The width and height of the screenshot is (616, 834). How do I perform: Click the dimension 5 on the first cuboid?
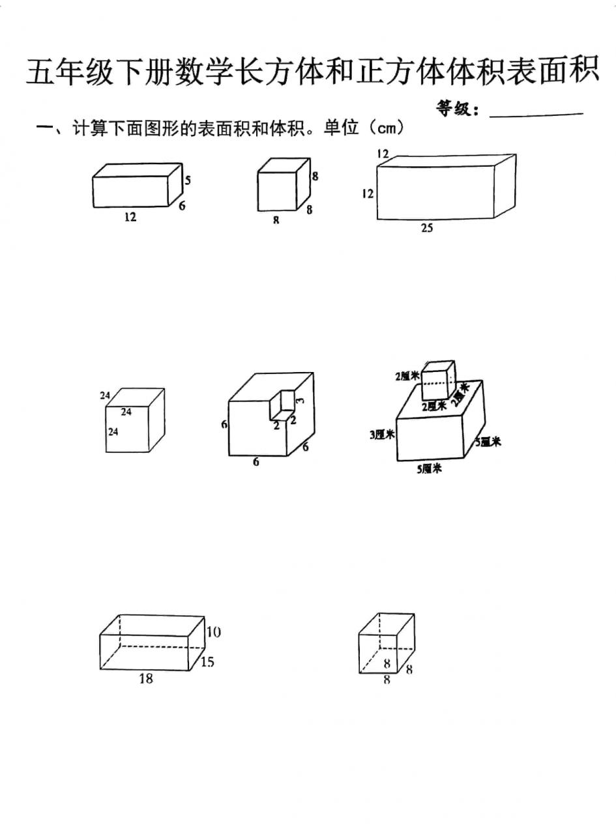pyautogui.click(x=187, y=180)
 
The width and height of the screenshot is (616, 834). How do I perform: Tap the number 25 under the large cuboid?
pyautogui.click(x=426, y=228)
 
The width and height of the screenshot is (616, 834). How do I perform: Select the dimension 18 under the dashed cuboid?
pyautogui.click(x=146, y=679)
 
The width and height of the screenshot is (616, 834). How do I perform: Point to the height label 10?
pyautogui.click(x=213, y=632)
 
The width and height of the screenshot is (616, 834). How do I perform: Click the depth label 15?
pyautogui.click(x=207, y=662)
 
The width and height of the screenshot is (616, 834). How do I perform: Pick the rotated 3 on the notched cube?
pyautogui.click(x=299, y=401)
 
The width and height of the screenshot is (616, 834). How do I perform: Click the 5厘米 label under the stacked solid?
pyautogui.click(x=430, y=468)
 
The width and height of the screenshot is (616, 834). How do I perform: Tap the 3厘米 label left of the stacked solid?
pyautogui.click(x=381, y=435)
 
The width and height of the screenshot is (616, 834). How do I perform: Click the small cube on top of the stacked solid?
pyautogui.click(x=437, y=381)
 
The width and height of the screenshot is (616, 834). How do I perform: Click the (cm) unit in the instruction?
pyautogui.click(x=387, y=128)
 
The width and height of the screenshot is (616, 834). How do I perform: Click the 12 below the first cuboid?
pyautogui.click(x=130, y=217)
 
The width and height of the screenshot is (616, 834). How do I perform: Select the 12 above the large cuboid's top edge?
pyautogui.click(x=383, y=154)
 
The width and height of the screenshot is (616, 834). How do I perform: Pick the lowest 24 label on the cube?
pyautogui.click(x=113, y=431)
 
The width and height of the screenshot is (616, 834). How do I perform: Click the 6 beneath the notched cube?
pyautogui.click(x=256, y=462)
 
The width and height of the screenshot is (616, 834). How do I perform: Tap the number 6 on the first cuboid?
pyautogui.click(x=182, y=205)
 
